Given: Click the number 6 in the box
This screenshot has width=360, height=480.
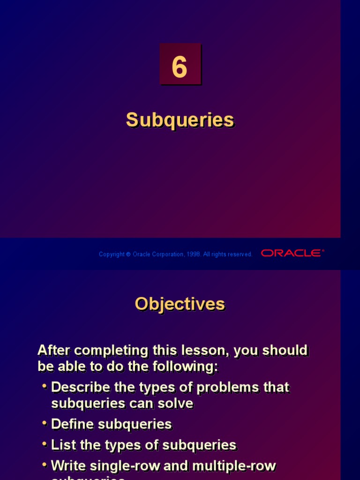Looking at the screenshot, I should click(180, 67).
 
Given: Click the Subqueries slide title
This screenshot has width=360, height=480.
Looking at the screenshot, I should click(180, 120).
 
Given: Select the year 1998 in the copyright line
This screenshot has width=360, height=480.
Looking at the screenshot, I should click(194, 254).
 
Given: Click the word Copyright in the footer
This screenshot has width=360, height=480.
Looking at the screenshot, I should click(112, 254).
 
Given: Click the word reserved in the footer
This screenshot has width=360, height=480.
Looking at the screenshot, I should click(240, 254).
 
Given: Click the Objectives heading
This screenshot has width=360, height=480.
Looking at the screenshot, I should click(180, 304).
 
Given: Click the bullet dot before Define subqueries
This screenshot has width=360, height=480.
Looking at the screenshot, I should click(45, 423).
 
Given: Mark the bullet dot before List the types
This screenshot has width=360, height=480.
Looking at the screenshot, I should click(45, 444).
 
